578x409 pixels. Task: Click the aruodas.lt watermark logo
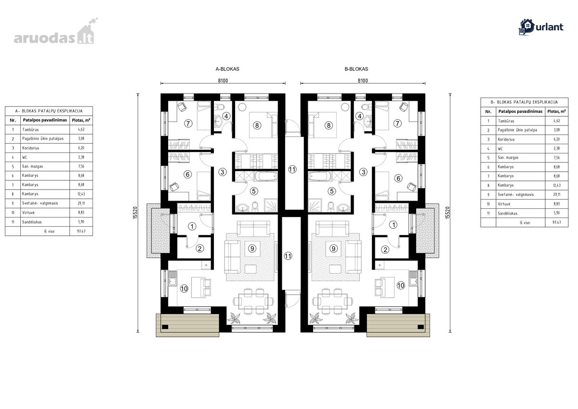click(x=55, y=32)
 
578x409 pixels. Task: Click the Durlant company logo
click(x=541, y=27)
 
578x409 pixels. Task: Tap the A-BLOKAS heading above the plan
click(x=227, y=69)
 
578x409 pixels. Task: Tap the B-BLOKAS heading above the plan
click(x=356, y=69)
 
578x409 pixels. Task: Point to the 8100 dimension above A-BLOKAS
click(x=223, y=81)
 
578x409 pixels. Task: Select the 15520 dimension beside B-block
click(x=447, y=213)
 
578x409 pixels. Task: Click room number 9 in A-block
click(x=252, y=248)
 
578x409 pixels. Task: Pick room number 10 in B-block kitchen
click(x=401, y=286)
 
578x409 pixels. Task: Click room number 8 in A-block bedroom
click(x=257, y=125)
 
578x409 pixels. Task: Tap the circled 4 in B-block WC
click(x=360, y=116)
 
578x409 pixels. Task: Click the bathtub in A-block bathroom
click(x=266, y=176)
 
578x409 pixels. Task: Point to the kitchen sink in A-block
click(x=172, y=278)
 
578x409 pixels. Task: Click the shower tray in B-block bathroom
click(x=315, y=205)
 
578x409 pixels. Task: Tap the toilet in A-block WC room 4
click(x=221, y=107)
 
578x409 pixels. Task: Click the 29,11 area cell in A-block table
click(x=81, y=204)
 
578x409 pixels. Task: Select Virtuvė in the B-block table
click(x=504, y=204)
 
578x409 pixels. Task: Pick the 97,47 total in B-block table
click(x=557, y=222)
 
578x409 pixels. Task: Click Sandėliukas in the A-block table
click(x=32, y=222)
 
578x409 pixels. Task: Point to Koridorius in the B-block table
click(x=506, y=139)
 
